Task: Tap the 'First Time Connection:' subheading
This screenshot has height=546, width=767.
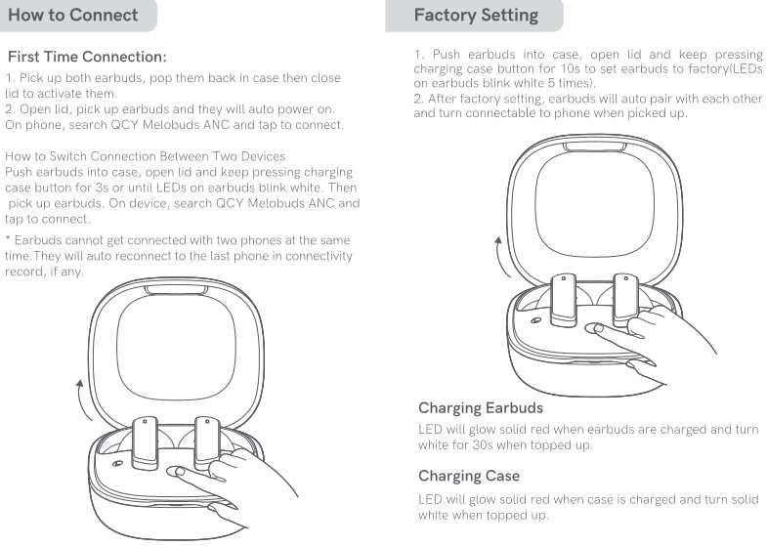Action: coord(87,57)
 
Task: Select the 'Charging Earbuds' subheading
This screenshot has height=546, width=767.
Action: coord(481,407)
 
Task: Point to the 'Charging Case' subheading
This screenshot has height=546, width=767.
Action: coord(469,476)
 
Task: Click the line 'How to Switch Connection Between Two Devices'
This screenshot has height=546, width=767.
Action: coord(146,156)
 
